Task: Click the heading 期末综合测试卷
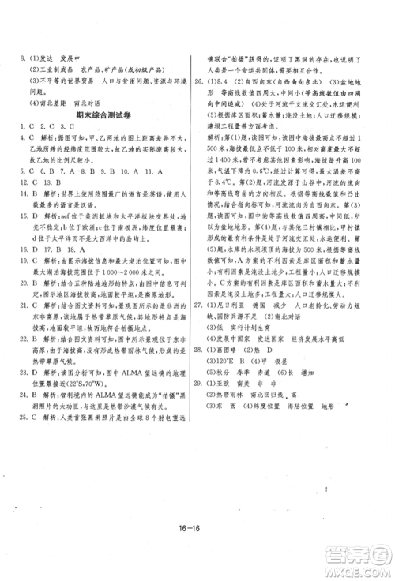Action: tap(97, 115)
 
